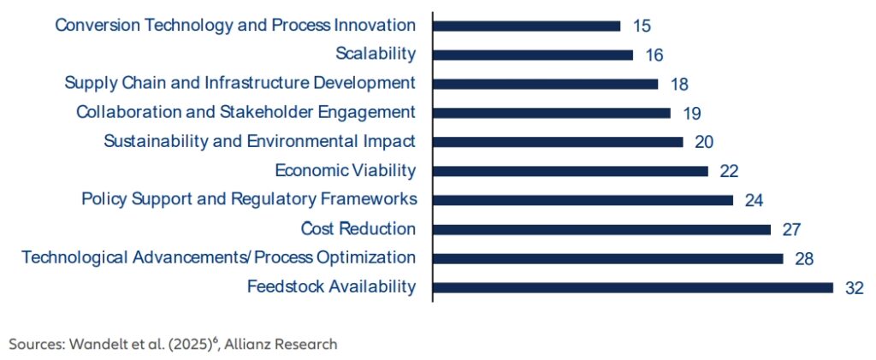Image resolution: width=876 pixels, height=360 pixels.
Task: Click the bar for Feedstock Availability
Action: [632, 287]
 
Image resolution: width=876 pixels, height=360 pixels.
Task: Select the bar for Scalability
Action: [533, 55]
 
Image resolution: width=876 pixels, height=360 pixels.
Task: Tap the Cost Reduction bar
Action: [601, 229]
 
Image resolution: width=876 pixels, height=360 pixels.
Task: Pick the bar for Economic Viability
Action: [571, 171]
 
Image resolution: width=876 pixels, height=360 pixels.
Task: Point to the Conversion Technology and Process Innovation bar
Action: [526, 26]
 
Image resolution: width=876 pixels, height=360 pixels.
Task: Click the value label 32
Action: [855, 288]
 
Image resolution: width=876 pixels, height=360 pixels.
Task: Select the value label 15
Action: [642, 26]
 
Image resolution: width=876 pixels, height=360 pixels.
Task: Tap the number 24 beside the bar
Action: [755, 200]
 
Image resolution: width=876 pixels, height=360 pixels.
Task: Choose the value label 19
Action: [691, 114]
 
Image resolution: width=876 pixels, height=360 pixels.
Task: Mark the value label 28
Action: [804, 259]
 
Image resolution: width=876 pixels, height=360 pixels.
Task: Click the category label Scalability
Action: [376, 54]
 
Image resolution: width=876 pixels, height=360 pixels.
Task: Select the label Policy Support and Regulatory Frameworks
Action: [249, 200]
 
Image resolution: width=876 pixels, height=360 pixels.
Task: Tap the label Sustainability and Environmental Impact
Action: [260, 142]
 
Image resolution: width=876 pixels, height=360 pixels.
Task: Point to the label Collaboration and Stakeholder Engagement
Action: [246, 113]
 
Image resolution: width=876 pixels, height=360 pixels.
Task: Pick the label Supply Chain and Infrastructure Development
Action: [240, 84]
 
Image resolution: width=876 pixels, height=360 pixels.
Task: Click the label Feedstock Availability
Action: [332, 286]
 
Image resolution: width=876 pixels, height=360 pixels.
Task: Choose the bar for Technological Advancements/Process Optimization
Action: [608, 258]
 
